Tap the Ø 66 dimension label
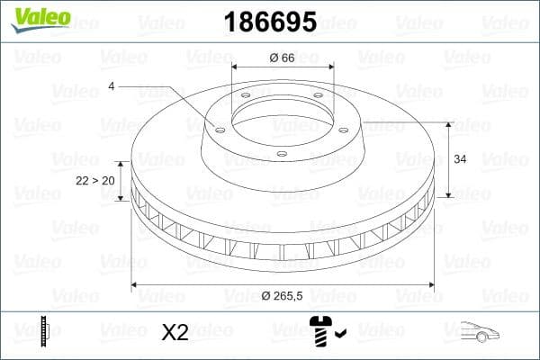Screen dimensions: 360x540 coord(283,58)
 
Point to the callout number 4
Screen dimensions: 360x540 coord(112,86)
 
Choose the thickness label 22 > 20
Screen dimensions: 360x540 coord(94,180)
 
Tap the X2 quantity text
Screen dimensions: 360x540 coord(175,333)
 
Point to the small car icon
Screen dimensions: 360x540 coord(478,332)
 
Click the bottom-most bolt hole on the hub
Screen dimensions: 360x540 coord(282,154)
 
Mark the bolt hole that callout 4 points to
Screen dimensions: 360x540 coord(218,127)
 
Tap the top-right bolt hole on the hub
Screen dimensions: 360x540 coord(320,99)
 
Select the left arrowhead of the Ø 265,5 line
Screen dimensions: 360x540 coord(136,284)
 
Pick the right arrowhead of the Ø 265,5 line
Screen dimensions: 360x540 coord(431,284)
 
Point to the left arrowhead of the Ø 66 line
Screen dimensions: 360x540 coord(235,67)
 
